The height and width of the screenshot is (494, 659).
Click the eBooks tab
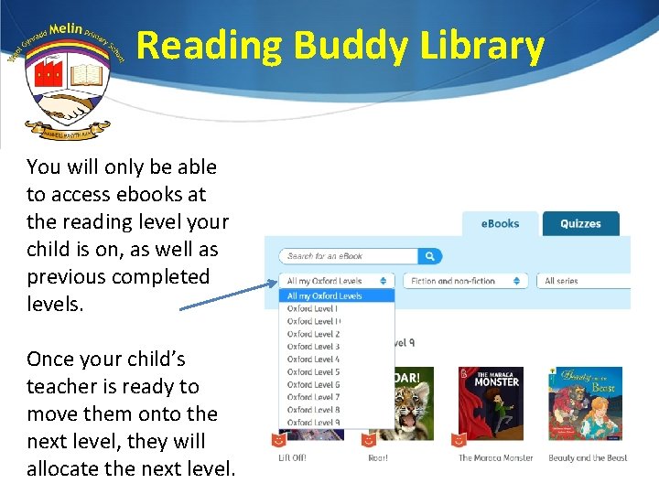click(500, 223)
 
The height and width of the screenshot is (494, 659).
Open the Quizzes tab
click(580, 223)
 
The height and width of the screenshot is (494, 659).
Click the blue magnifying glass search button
click(429, 256)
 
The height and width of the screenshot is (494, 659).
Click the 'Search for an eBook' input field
click(350, 256)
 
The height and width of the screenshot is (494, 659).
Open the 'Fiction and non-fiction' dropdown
click(465, 281)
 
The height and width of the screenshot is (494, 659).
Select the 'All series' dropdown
click(582, 281)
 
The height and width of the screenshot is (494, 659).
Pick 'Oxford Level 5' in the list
click(314, 372)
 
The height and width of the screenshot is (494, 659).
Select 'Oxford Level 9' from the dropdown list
click(314, 423)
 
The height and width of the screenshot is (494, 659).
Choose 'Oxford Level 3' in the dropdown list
click(314, 347)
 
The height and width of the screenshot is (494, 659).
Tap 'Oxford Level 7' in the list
click(314, 397)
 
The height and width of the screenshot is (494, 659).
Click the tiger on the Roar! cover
click(407, 407)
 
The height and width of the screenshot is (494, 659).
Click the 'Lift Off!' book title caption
click(293, 457)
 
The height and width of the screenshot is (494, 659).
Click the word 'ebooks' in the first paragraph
click(161, 194)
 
